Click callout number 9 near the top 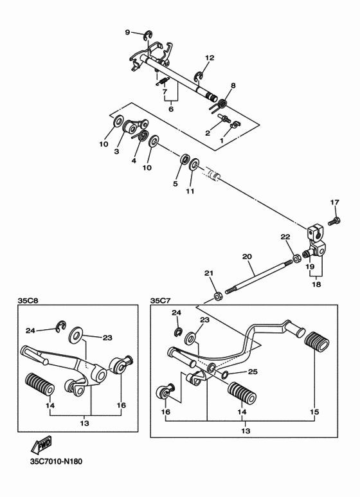click(127, 32)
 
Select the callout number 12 click(209, 58)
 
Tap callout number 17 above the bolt click(334, 203)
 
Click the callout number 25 click(252, 372)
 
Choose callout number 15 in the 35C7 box click(315, 411)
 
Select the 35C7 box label click(160, 300)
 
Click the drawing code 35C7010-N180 click(56, 461)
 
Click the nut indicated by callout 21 click(218, 296)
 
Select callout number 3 click(117, 152)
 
